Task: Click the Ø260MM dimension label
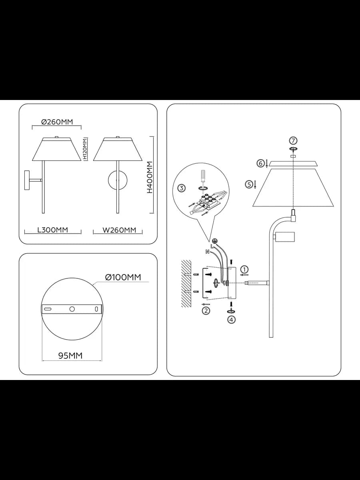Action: pyautogui.click(x=57, y=122)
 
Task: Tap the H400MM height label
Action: pyautogui.click(x=150, y=177)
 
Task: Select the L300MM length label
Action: pyautogui.click(x=53, y=230)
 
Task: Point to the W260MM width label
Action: pyautogui.click(x=119, y=230)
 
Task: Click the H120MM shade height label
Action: pyautogui.click(x=85, y=149)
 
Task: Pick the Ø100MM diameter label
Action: pyautogui.click(x=123, y=277)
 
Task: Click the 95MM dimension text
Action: pyautogui.click(x=70, y=356)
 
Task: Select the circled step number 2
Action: pyautogui.click(x=206, y=311)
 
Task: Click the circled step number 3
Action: pyautogui.click(x=182, y=188)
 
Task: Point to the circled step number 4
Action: pyautogui.click(x=231, y=320)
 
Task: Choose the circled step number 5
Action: pyautogui.click(x=249, y=184)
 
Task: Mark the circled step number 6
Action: pyautogui.click(x=260, y=163)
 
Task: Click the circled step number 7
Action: pyautogui.click(x=293, y=141)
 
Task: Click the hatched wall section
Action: pyautogui.click(x=186, y=284)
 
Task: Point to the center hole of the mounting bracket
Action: pyautogui.click(x=72, y=309)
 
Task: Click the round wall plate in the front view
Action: pyautogui.click(x=118, y=180)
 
